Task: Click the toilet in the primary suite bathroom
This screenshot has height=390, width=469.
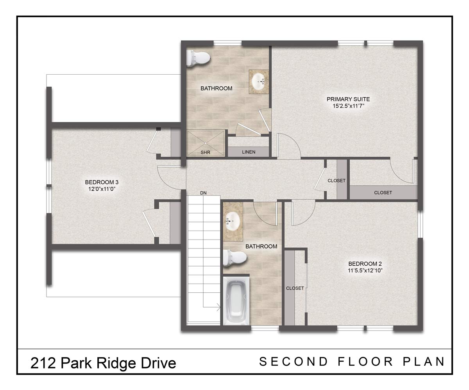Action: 198,58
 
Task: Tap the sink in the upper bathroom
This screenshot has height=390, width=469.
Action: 258,82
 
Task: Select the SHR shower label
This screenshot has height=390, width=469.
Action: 205,152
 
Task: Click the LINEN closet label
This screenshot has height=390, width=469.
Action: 249,152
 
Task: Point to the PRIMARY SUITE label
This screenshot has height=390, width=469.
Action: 348,99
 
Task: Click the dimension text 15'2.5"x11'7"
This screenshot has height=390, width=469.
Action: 348,106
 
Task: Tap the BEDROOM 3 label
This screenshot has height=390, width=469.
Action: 102,182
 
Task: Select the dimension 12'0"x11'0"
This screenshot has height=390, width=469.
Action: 102,189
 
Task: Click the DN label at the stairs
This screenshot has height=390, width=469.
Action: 203,193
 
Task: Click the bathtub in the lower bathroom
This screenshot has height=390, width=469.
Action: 236,301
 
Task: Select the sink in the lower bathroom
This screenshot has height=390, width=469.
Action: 233,221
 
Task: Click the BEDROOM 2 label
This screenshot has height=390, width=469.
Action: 365,264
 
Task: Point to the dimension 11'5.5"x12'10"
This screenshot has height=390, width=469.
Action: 365,270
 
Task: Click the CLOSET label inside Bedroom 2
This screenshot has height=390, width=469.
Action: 295,288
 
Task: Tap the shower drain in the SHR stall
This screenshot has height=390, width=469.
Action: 205,143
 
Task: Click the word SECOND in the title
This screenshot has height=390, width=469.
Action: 294,361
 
